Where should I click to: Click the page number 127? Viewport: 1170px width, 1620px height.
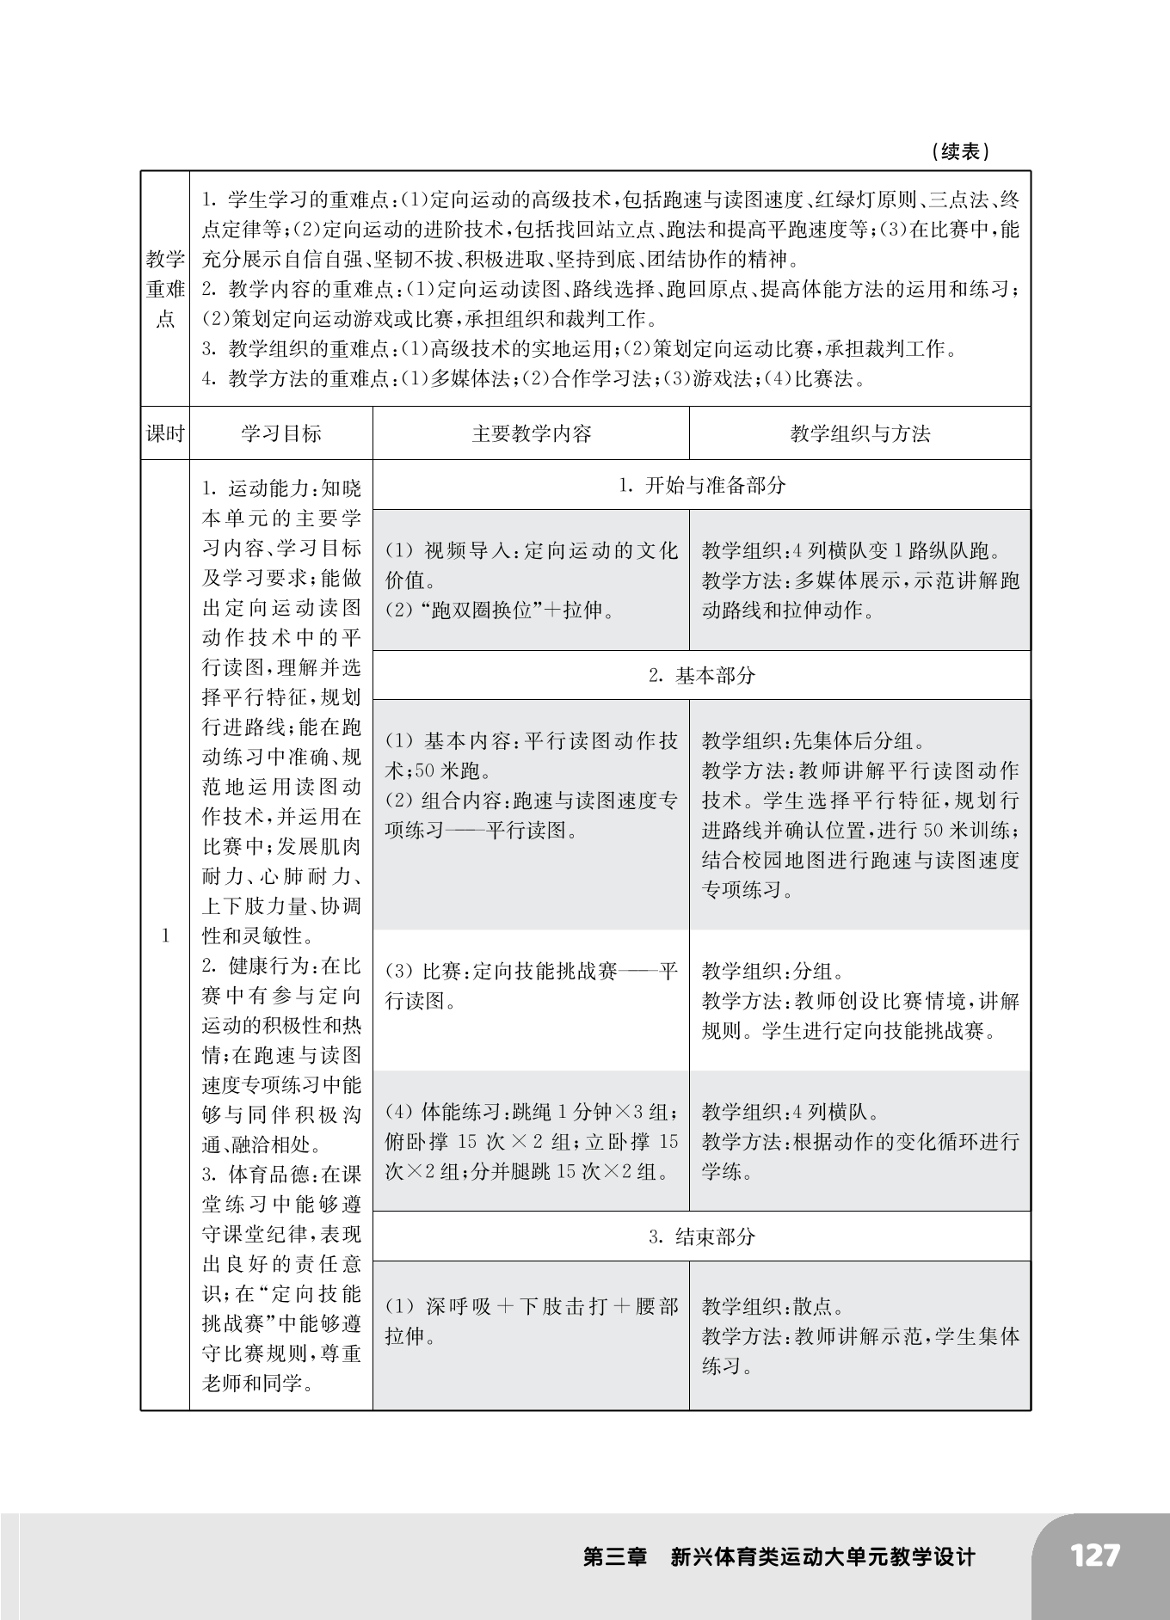pos(1095,1556)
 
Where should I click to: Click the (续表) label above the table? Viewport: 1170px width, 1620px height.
pos(960,152)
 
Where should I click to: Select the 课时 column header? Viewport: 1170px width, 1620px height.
pos(165,433)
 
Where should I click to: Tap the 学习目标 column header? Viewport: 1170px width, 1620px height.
pos(280,433)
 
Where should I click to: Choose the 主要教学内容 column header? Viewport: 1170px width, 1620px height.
pos(531,433)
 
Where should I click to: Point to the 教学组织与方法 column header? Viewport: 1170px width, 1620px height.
pos(859,433)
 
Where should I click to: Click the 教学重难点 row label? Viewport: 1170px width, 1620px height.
pos(165,289)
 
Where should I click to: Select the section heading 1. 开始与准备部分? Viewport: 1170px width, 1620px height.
pos(702,485)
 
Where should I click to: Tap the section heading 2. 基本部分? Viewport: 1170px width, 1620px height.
pos(702,675)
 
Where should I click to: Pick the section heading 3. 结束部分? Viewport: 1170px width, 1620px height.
pos(702,1236)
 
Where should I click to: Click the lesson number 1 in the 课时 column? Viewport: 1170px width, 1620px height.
pos(165,936)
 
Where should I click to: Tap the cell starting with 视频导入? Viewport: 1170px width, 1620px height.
pos(531,580)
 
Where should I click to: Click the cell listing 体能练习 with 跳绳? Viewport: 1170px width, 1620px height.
pos(531,1141)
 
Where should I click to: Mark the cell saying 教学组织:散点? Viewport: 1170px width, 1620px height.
pos(859,1335)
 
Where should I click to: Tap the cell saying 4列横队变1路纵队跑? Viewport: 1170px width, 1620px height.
pos(859,580)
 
